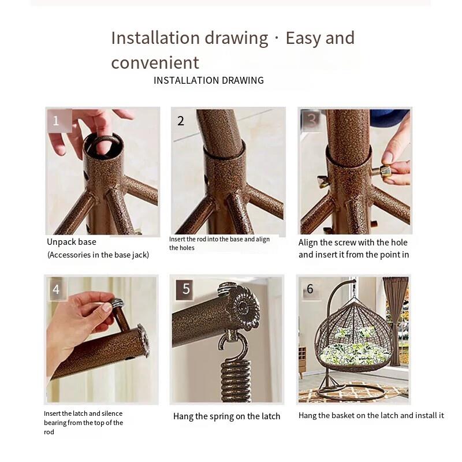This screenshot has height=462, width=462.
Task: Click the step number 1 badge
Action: (x=59, y=121)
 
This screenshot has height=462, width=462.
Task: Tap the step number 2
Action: (x=181, y=121)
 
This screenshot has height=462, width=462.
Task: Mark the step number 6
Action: (x=310, y=289)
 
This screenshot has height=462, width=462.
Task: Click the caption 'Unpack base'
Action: (x=72, y=242)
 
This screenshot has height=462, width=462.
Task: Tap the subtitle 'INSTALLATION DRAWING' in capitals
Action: (x=208, y=80)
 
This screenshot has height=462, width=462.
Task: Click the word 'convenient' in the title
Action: (x=155, y=62)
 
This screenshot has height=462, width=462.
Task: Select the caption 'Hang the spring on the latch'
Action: (x=226, y=416)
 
